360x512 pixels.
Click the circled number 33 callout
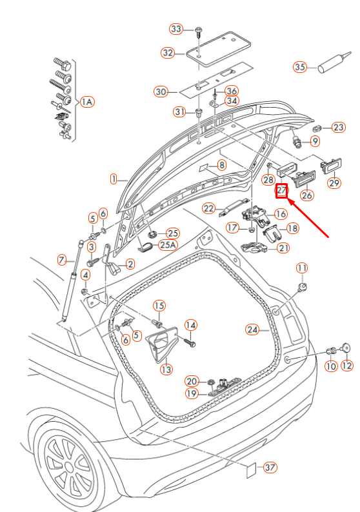[176, 29]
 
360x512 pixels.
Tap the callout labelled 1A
[87, 102]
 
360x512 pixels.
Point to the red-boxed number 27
[281, 191]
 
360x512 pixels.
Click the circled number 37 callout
[270, 468]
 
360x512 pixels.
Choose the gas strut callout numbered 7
[62, 261]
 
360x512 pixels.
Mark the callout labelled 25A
[168, 245]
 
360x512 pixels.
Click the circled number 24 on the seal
[252, 330]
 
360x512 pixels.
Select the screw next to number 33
[198, 32]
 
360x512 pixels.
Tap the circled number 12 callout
[346, 366]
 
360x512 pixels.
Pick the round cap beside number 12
[346, 348]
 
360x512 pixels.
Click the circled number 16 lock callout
[281, 214]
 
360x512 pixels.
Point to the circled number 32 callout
[168, 53]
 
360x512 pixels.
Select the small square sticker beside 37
[251, 470]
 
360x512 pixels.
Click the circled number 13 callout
[166, 369]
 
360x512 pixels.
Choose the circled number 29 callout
[334, 182]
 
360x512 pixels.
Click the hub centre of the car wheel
[69, 466]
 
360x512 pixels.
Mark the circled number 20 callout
[192, 381]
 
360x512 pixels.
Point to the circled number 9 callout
[315, 141]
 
